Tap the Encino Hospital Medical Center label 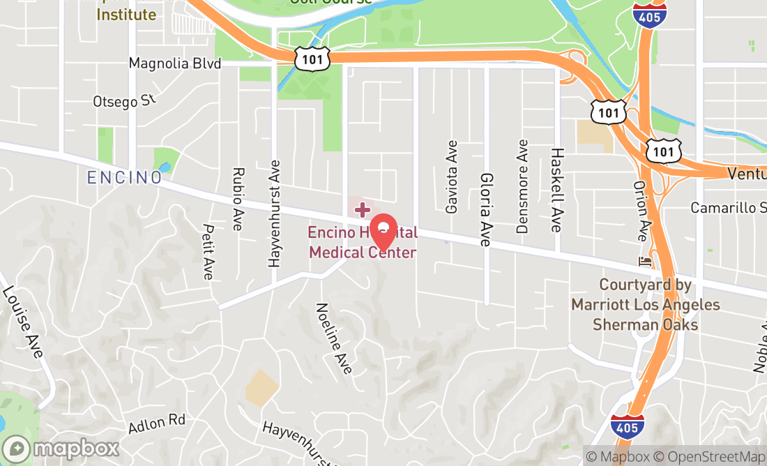363,242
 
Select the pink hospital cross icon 363,209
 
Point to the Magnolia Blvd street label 174,63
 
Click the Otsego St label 125,100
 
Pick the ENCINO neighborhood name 124,178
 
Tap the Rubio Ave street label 238,199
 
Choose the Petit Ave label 208,251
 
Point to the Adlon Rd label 158,421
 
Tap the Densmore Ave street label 522,186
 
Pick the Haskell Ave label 556,189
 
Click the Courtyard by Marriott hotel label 645,305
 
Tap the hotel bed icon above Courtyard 645,262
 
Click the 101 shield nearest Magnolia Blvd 312,59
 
